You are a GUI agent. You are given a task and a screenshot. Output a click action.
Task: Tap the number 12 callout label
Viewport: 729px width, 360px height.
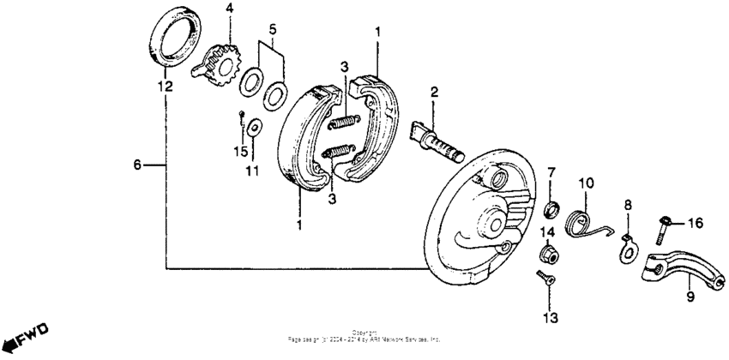[x=164, y=87]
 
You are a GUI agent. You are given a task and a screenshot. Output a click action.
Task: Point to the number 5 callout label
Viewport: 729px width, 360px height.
[x=272, y=29]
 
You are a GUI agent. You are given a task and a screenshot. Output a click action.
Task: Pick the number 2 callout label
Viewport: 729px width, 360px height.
[x=435, y=92]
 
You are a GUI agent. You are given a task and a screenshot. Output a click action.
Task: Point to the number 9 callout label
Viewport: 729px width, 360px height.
[x=689, y=298]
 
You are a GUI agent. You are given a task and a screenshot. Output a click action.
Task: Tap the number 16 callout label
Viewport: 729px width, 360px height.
[x=695, y=223]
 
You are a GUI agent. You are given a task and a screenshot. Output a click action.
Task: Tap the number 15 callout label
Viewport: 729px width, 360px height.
[x=241, y=151]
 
